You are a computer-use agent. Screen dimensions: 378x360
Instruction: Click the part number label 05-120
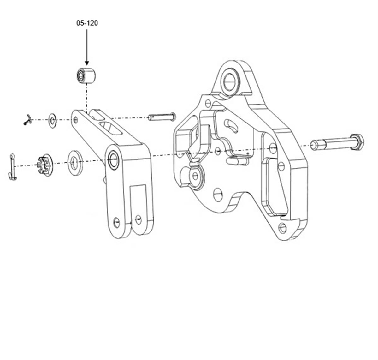[87, 23]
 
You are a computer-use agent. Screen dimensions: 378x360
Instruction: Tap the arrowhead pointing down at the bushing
[87, 63]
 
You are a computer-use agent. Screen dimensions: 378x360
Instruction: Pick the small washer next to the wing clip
[53, 120]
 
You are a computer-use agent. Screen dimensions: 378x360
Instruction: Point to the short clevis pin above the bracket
[162, 117]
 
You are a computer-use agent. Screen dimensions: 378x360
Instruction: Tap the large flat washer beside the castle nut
[75, 163]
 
